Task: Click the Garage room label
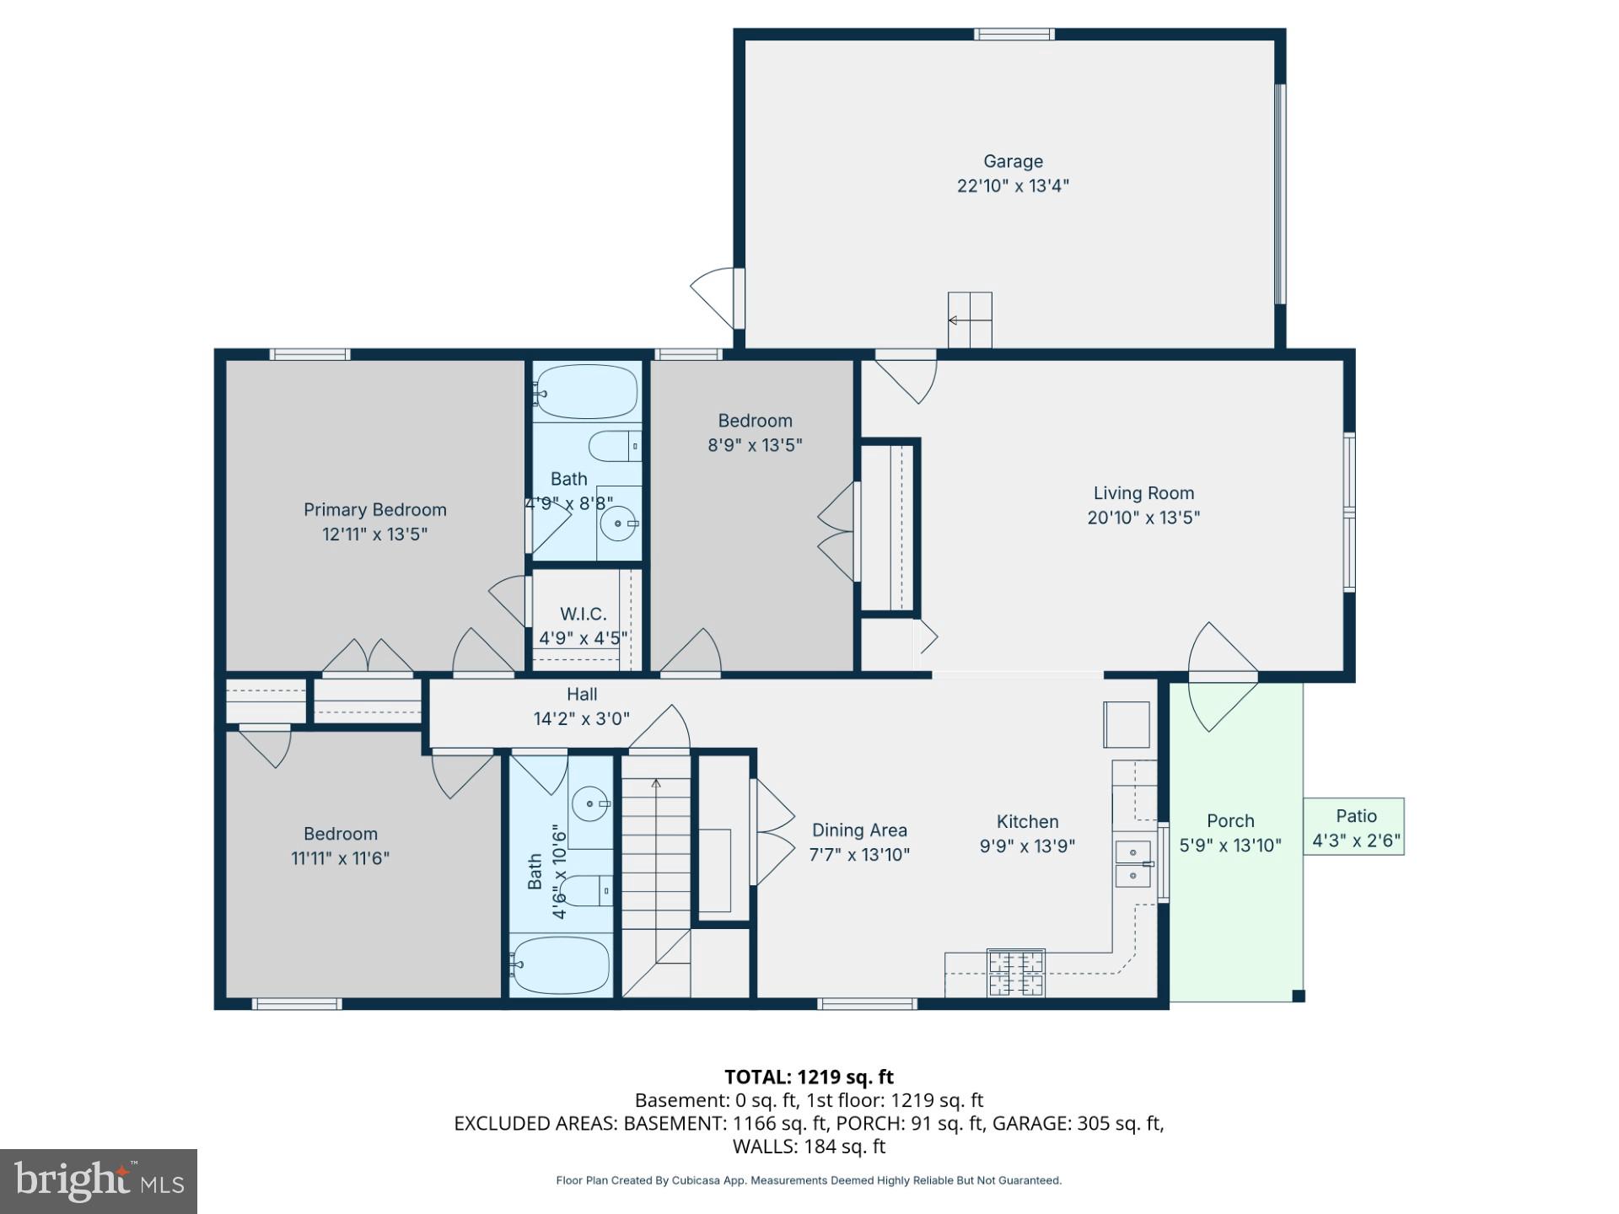(x=1013, y=161)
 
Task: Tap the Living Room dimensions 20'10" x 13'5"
(x=1143, y=518)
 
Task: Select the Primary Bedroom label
(x=374, y=510)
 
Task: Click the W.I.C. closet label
(x=583, y=614)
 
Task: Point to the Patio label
(x=1356, y=816)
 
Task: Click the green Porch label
(x=1230, y=821)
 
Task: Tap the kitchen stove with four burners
(x=1015, y=973)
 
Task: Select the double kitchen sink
(x=1132, y=864)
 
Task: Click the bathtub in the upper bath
(x=586, y=392)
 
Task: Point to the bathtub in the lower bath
(x=561, y=965)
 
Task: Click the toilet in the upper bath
(x=614, y=446)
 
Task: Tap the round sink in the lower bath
(x=590, y=803)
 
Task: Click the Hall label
(x=582, y=695)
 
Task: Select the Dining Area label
(x=859, y=830)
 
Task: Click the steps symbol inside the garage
(x=970, y=320)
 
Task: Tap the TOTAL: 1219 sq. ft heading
(x=809, y=1077)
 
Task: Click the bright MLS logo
(x=99, y=1181)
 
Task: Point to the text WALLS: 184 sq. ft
(x=809, y=1147)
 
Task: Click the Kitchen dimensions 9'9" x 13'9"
(x=1026, y=846)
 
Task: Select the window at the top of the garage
(x=1014, y=35)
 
